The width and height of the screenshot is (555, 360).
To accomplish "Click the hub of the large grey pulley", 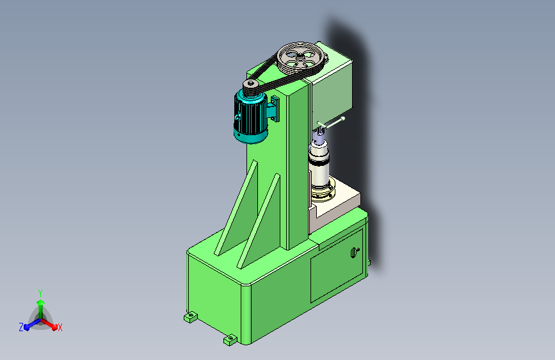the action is coord(300,56).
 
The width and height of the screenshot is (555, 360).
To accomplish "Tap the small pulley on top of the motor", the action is coord(252,87).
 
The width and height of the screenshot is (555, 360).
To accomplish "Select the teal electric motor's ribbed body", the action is coord(250,115).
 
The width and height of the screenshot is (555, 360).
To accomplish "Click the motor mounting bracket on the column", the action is coord(273,108).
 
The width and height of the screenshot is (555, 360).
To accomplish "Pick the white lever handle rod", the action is coord(332,122).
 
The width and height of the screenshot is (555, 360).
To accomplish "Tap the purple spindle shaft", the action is coord(319,136).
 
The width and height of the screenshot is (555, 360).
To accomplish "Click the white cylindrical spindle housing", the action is coord(319,167).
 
